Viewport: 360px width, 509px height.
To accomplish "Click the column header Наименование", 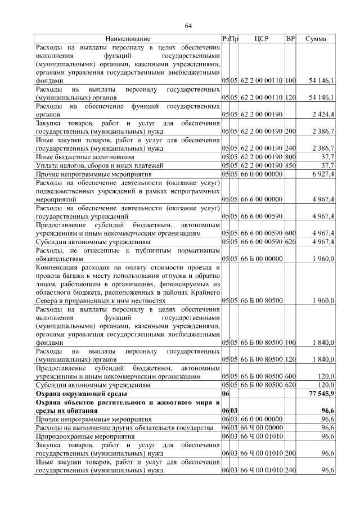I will coord(128,39).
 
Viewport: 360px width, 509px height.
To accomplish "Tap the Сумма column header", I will coord(316,39).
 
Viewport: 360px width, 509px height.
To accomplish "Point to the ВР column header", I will coord(290,39).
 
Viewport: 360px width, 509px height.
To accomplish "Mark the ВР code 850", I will coord(290,166).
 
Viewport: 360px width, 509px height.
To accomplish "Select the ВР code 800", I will coord(290,157).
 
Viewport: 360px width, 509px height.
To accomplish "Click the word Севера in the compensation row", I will coord(47,301).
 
